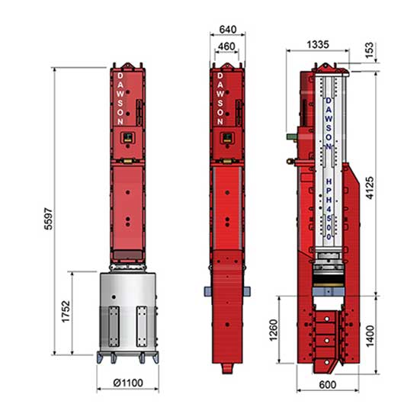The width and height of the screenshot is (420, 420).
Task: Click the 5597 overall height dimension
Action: click(x=49, y=219)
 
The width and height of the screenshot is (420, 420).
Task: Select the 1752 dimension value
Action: click(x=66, y=312)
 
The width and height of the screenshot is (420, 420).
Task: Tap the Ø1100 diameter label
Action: click(x=128, y=383)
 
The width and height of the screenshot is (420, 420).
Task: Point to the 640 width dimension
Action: click(x=228, y=29)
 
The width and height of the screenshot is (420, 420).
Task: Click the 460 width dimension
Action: click(x=226, y=46)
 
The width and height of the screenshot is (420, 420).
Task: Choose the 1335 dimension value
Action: click(x=318, y=44)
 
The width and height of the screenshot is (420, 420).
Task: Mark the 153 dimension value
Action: click(x=369, y=50)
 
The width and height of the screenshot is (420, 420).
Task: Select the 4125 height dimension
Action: click(x=370, y=188)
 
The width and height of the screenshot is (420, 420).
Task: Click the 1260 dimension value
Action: click(x=273, y=330)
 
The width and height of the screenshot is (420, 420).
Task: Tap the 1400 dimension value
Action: click(x=370, y=336)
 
